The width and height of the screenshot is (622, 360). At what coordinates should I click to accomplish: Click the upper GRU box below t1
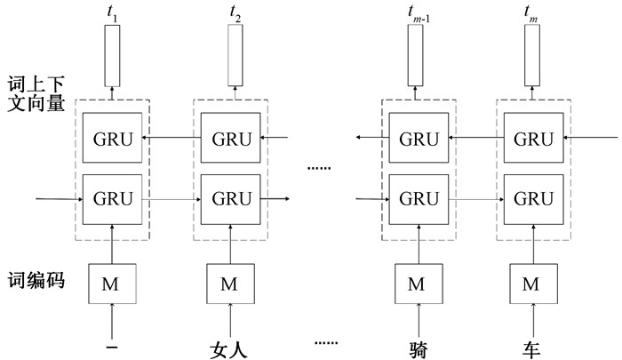pos(112,139)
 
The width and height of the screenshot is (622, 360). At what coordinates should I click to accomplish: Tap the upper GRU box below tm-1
pos(417,139)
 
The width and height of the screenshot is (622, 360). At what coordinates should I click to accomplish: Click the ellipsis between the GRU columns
pos(318,167)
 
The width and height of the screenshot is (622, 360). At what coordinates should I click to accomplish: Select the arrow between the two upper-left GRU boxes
pos(172,139)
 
